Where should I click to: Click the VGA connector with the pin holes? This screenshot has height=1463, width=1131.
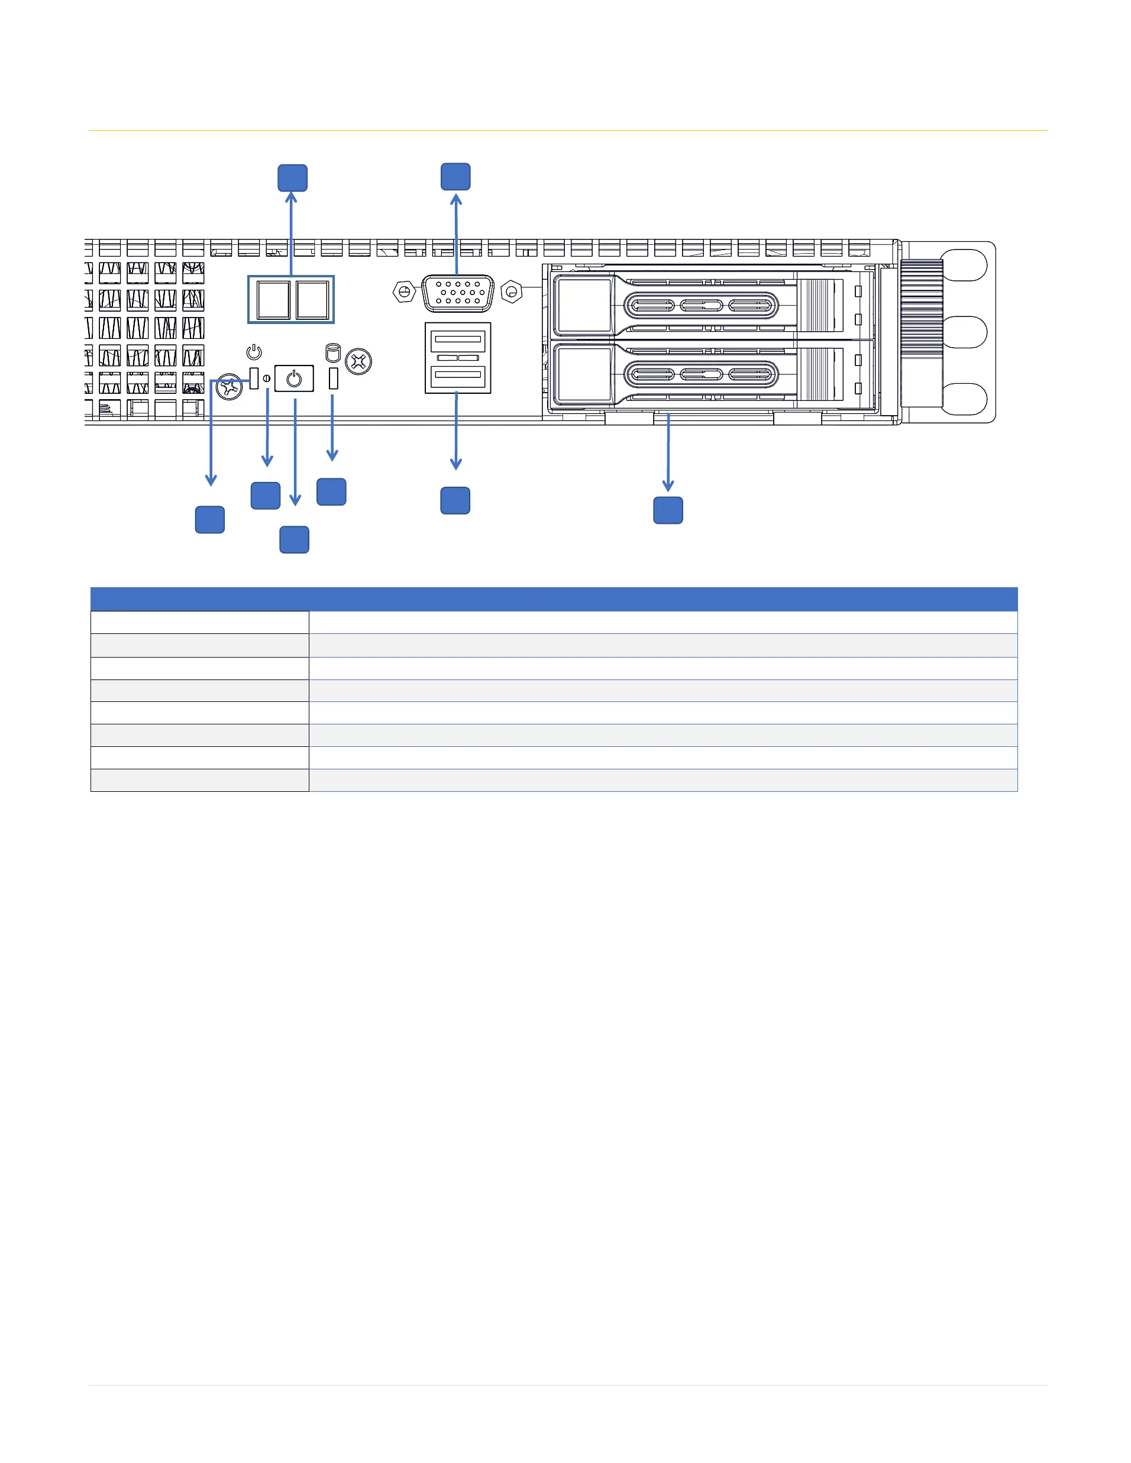tap(458, 293)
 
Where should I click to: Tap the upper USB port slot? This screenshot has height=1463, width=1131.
tap(458, 339)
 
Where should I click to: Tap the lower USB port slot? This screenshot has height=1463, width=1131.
tap(458, 374)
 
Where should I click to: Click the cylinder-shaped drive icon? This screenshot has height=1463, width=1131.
tap(332, 352)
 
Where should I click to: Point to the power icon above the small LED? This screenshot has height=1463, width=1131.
tap(254, 352)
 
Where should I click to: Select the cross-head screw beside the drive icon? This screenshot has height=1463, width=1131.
tap(358, 362)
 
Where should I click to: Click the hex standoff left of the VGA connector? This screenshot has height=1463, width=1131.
tap(404, 292)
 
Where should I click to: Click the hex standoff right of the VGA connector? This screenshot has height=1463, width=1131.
tap(511, 292)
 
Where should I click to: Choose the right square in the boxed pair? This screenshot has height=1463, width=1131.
tap(312, 299)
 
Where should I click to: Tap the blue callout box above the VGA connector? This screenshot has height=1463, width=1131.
tap(455, 177)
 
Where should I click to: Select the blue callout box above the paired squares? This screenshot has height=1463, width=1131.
tap(293, 178)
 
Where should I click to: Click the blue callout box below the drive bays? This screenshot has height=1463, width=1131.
tap(668, 510)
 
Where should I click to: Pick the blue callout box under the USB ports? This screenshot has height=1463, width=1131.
tap(455, 501)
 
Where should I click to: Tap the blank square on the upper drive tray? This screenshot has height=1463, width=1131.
tap(584, 306)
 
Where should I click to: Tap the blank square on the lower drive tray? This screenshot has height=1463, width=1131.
tap(584, 374)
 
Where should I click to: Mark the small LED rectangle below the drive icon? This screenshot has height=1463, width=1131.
tap(334, 379)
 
